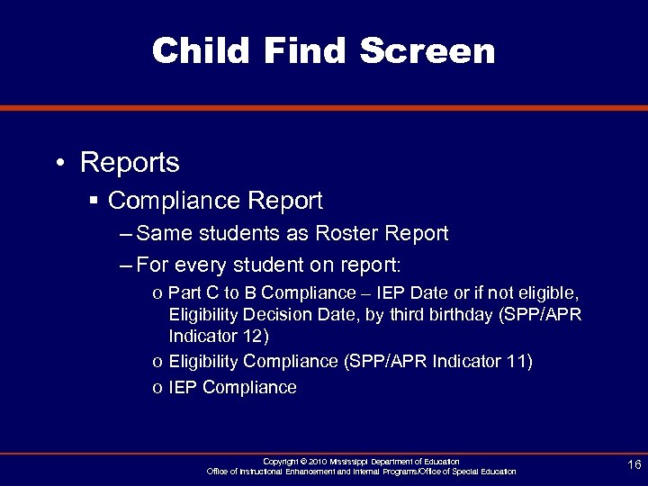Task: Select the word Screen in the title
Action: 427,50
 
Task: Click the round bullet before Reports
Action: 58,164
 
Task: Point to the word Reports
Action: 130,163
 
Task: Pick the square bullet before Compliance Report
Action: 94,199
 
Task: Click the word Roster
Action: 346,234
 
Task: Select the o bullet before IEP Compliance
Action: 157,388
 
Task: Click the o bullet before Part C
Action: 157,293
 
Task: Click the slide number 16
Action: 634,464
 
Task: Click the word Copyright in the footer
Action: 282,462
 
